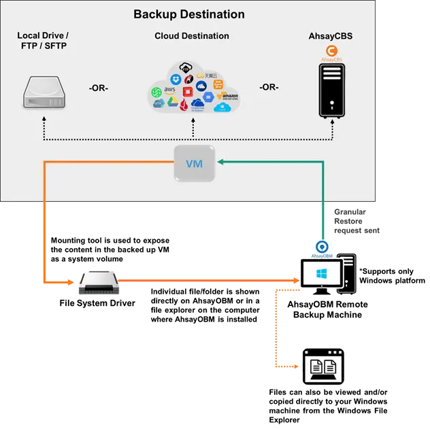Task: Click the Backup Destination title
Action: pyautogui.click(x=189, y=14)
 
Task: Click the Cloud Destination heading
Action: pyautogui.click(x=192, y=36)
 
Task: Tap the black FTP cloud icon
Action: pyautogui.click(x=185, y=67)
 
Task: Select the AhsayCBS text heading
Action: pyautogui.click(x=331, y=36)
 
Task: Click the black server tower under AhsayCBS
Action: pyautogui.click(x=332, y=91)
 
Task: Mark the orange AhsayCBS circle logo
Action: pyautogui.click(x=331, y=51)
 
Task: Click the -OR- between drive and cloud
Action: pyautogui.click(x=99, y=88)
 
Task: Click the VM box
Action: pyautogui.click(x=194, y=163)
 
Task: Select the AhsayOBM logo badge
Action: pyautogui.click(x=322, y=249)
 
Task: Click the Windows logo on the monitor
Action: pyautogui.click(x=320, y=275)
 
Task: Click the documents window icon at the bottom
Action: pyautogui.click(x=322, y=367)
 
